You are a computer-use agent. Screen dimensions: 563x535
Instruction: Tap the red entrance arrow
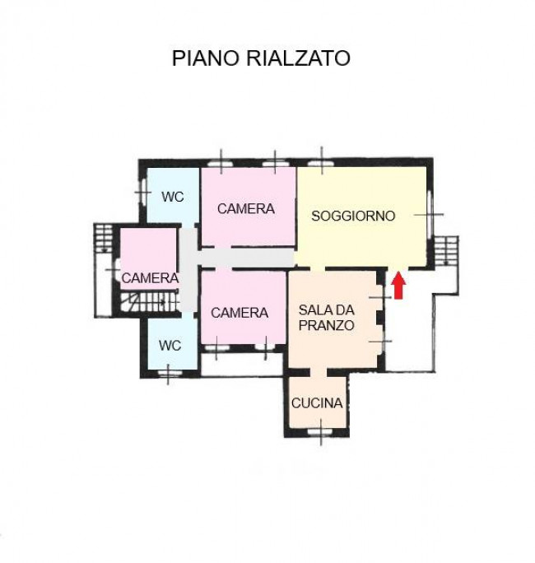398,285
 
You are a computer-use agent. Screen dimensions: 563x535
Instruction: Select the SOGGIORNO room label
353,216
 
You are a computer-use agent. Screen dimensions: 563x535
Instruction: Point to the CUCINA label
317,403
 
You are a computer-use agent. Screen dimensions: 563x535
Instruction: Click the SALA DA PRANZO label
327,317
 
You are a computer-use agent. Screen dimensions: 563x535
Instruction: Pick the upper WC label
172,197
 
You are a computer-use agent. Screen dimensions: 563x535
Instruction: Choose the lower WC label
170,346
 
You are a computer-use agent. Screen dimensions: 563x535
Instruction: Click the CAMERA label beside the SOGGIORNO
246,209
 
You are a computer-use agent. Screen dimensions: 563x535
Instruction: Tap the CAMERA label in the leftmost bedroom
150,278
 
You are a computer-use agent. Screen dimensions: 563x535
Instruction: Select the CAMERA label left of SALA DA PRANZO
240,313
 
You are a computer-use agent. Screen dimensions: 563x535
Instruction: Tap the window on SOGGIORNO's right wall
429,214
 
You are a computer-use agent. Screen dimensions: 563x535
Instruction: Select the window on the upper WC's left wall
142,192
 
